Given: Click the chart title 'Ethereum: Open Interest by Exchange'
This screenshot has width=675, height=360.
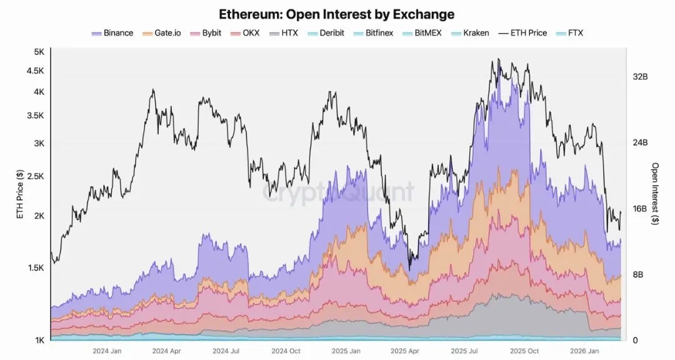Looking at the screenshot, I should tap(337, 14).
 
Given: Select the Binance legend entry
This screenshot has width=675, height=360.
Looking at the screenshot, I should tap(112, 32).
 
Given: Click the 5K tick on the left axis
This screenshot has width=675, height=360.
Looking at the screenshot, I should tap(39, 52).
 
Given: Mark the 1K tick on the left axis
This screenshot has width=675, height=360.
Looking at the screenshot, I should tap(39, 340).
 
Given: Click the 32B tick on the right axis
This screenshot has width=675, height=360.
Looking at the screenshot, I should tap(641, 76).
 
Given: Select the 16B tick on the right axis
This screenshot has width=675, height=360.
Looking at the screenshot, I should tap(641, 208).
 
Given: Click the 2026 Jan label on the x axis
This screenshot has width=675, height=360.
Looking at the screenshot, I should tap(585, 351).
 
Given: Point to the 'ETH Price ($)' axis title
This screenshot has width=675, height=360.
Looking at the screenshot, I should tap(20, 194).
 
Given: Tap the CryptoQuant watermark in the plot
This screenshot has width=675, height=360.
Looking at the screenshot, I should tap(337, 191).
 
